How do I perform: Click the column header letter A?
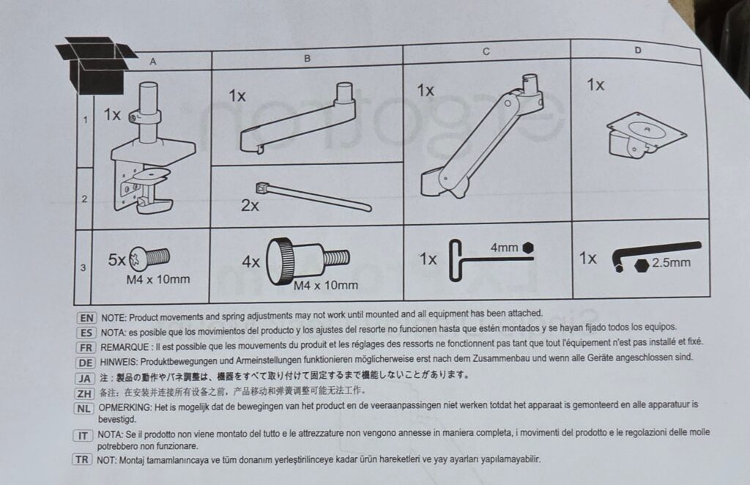[153, 62]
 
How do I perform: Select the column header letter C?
[486, 52]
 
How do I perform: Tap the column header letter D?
[638, 51]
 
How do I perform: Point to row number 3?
[83, 267]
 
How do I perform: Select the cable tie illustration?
[313, 196]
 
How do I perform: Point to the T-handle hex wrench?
[488, 260]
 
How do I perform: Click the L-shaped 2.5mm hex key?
[656, 253]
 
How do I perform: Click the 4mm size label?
[504, 248]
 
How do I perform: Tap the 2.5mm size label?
[671, 262]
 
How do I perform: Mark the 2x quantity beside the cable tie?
[250, 206]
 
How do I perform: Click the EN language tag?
[86, 318]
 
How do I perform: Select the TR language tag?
[82, 459]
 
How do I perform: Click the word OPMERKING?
[125, 407]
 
